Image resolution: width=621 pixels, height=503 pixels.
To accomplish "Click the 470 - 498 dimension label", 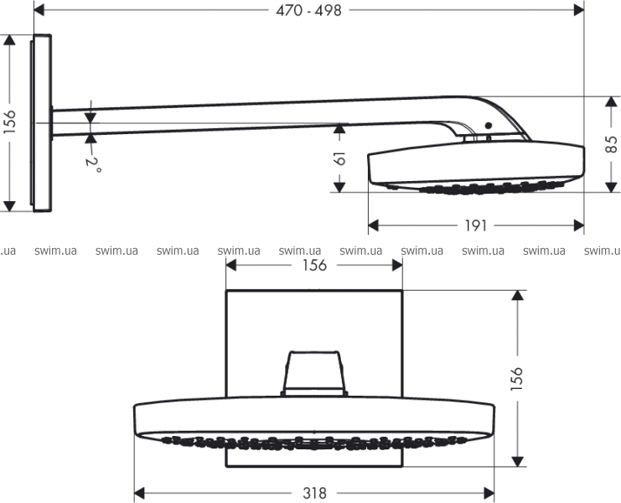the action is (x=308, y=11).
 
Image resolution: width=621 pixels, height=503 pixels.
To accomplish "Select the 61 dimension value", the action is (x=339, y=158).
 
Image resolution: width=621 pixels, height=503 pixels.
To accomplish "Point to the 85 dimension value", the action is (x=612, y=144).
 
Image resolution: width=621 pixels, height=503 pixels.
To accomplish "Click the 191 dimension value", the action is (x=475, y=226).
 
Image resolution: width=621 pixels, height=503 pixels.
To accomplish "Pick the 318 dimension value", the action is (x=314, y=494).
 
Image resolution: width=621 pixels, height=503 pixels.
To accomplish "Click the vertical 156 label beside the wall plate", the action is (x=8, y=122).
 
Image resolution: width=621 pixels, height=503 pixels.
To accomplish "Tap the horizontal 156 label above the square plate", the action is (x=314, y=266).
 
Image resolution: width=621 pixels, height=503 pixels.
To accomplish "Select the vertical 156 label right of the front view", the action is (x=516, y=379).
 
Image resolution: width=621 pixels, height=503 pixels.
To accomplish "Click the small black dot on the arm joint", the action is (x=489, y=126).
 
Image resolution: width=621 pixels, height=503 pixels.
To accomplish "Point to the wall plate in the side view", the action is (x=41, y=122).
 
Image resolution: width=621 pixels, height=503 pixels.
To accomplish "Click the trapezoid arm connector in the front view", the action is (x=313, y=373).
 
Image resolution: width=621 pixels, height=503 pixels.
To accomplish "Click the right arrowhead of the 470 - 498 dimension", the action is (x=579, y=11).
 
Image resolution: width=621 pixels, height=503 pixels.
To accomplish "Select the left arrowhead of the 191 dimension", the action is (x=374, y=226).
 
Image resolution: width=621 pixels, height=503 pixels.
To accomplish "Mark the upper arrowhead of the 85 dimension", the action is (x=612, y=101).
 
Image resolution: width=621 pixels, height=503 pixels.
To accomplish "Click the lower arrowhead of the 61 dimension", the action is (x=339, y=187).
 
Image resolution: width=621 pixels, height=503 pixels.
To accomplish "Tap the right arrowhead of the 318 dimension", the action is (x=489, y=494).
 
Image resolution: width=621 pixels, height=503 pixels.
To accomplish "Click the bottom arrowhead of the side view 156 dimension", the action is (x=8, y=206).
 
